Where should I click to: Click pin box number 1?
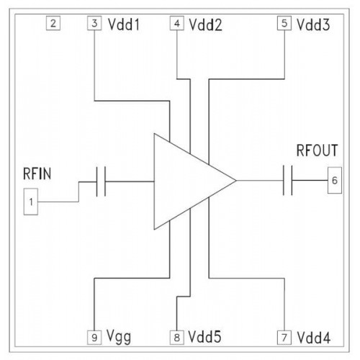point(31,202)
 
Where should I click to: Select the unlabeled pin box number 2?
point(53,23)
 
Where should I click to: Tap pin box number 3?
point(94,23)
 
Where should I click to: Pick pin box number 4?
point(177,23)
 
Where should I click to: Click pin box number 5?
point(284,23)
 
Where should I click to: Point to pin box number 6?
point(335,180)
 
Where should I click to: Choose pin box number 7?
point(284,338)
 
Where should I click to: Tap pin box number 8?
point(177,338)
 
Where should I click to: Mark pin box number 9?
point(94,338)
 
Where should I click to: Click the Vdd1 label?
point(124,24)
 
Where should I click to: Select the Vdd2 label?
point(205,24)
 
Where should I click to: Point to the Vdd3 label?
point(313,24)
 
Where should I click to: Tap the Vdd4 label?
point(313,338)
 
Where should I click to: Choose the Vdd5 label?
point(204,336)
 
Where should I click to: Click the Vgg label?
point(119,337)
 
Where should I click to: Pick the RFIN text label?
point(37,174)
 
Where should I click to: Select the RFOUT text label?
point(317,150)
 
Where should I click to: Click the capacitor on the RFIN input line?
point(101,181)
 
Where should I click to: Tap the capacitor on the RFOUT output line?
point(287,180)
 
